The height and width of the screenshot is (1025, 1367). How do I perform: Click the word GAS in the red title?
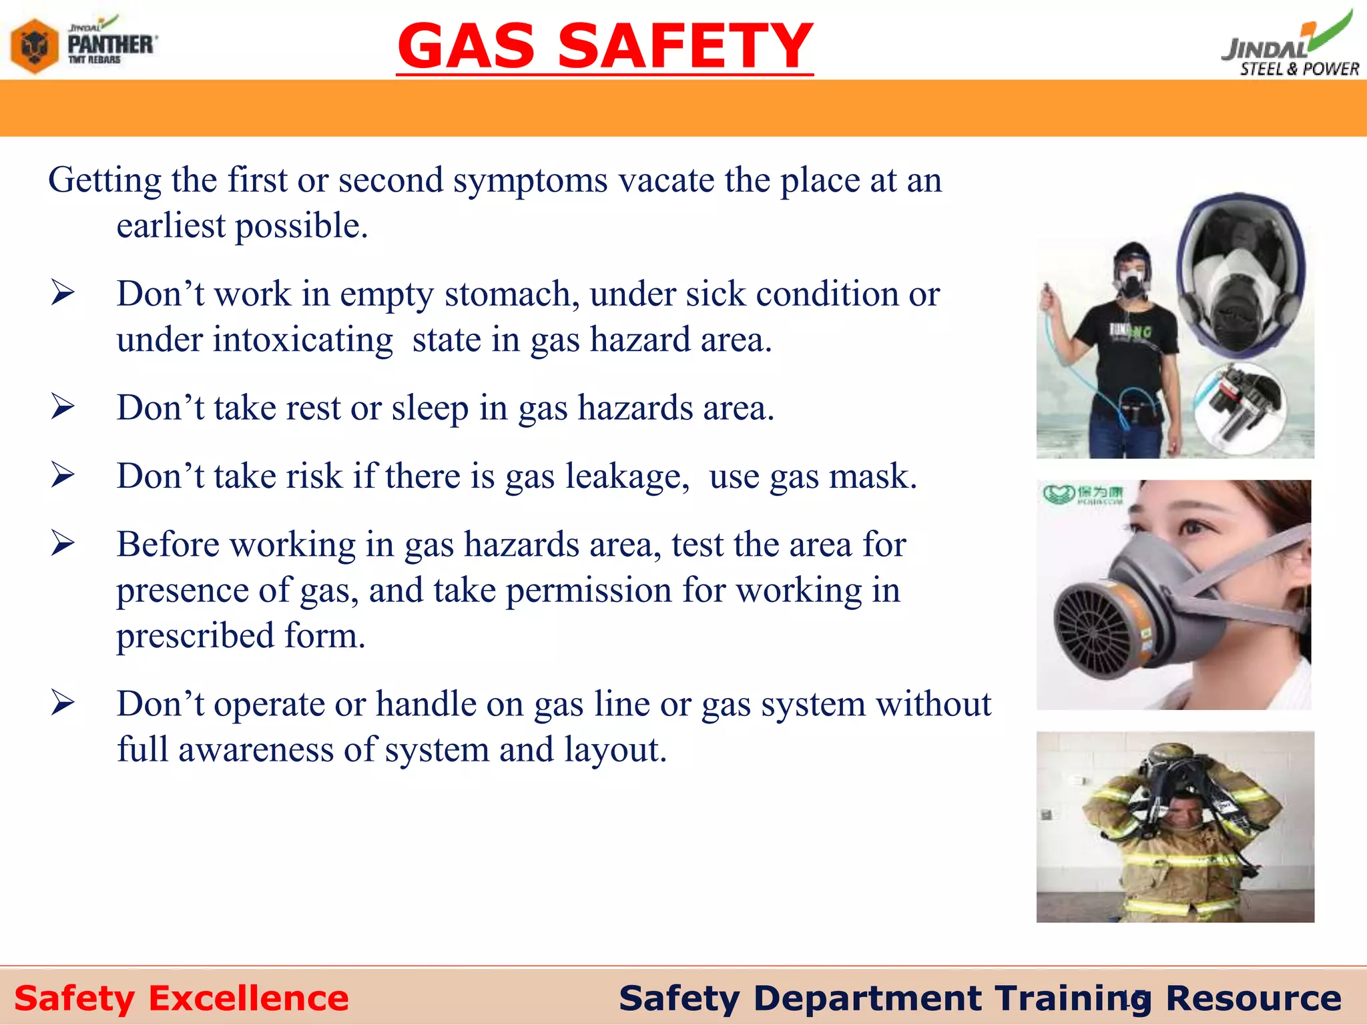coord(467,47)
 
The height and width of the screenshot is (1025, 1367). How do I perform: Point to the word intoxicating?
coord(303,340)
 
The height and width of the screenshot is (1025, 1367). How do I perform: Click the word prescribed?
coord(195,636)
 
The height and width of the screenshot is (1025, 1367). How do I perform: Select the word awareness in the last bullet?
coord(256,750)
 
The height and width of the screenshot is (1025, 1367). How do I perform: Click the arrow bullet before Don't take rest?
coord(63,407)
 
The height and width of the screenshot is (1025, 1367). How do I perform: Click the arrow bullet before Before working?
coord(63,544)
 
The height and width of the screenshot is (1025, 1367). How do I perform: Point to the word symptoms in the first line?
coord(531,180)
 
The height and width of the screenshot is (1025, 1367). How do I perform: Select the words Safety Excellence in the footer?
coord(182,999)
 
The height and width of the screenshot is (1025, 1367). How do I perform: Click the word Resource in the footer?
coord(1254,999)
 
